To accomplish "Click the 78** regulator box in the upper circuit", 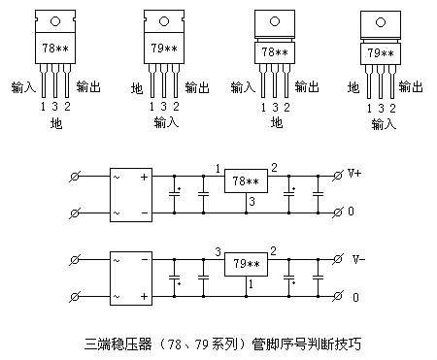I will coord(245,181).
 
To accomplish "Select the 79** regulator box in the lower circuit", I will coord(245,263).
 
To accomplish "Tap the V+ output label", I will coord(355,175).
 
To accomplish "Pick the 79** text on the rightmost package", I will coord(381,53).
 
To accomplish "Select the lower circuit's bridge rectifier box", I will coord(131,276).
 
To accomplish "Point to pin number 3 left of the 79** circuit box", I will coord(218,250).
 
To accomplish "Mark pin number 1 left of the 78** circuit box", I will coord(218,168).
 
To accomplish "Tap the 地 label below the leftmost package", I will coord(55,123).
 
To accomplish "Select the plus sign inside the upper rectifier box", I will coord(145,178).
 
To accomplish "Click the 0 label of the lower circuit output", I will coord(355,296).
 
